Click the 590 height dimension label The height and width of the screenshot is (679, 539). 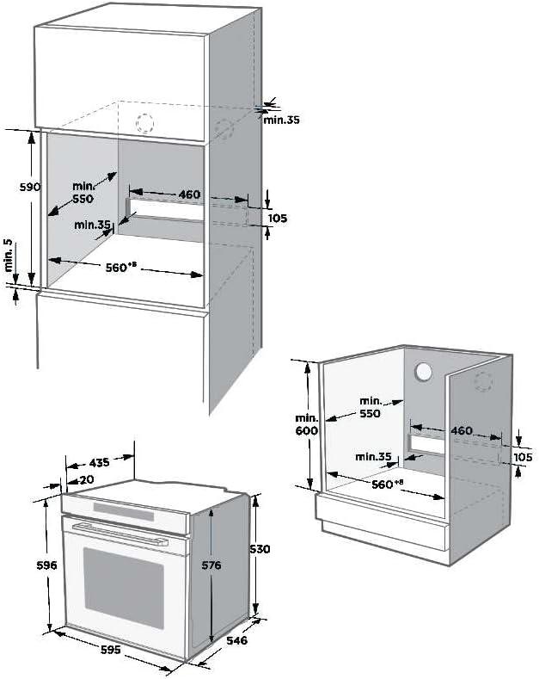[x=30, y=187]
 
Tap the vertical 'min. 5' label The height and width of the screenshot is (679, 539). [x=9, y=255]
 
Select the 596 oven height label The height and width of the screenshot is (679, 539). [x=46, y=565]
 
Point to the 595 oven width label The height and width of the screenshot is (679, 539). [x=111, y=650]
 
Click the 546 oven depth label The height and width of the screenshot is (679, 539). [x=236, y=640]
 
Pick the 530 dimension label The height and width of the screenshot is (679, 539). [x=260, y=549]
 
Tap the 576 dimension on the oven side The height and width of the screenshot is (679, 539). [x=211, y=565]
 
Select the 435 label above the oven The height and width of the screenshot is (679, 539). [x=99, y=463]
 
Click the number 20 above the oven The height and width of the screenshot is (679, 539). [x=87, y=480]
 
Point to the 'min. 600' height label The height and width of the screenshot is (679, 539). [x=307, y=424]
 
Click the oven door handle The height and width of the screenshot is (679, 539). [x=119, y=534]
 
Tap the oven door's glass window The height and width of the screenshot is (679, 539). [x=124, y=588]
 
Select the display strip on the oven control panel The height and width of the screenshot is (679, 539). [x=124, y=512]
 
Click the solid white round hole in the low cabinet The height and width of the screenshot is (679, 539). [x=423, y=372]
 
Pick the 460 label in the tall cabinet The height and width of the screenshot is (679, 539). [x=189, y=194]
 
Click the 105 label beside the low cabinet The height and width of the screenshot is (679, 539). [x=523, y=457]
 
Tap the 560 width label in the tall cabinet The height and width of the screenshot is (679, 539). [x=118, y=267]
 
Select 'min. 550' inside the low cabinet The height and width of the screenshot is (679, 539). [x=371, y=407]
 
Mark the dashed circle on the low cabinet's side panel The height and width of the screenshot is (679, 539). [x=483, y=381]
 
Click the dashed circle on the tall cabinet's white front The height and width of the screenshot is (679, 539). [x=145, y=123]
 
